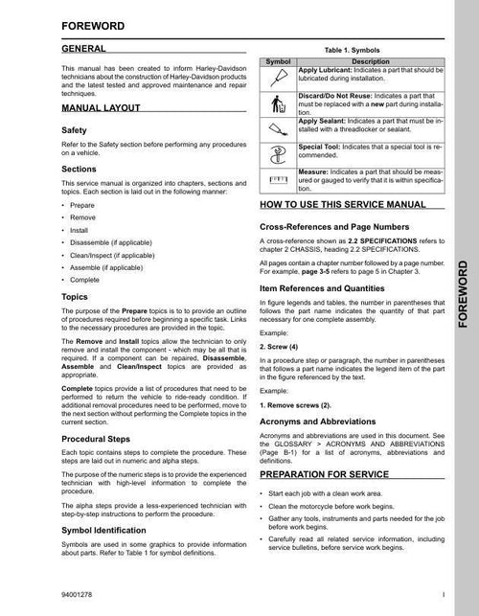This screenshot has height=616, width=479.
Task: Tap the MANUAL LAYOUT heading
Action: (x=103, y=109)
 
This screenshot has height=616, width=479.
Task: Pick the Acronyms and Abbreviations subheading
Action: (x=324, y=422)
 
